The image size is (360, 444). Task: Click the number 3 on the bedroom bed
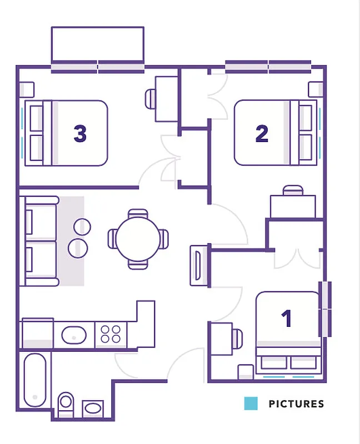(x=80, y=133)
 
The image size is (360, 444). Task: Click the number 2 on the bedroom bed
(x=262, y=133)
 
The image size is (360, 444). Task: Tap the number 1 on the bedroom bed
(x=287, y=319)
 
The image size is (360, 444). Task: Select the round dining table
(x=138, y=239)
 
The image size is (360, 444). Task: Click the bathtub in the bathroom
(x=37, y=380)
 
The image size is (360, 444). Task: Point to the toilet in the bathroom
(x=66, y=403)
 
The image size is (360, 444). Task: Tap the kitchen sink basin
(x=74, y=335)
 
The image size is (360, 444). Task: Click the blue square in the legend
(x=251, y=403)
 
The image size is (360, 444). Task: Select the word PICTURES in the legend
(x=296, y=403)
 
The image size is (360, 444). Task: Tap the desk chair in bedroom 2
(x=293, y=191)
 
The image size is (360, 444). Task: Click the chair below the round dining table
(x=138, y=264)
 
